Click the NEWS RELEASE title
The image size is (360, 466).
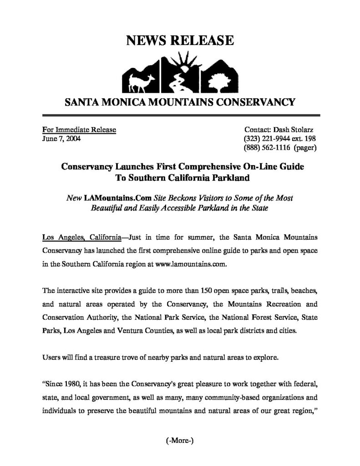pyautogui.click(x=180, y=41)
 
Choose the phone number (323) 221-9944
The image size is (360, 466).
pyautogui.click(x=268, y=138)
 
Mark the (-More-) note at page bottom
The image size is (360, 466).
pyautogui.click(x=180, y=441)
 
